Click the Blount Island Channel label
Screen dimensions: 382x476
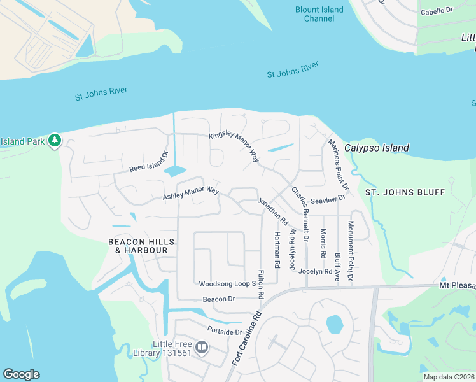(319, 14)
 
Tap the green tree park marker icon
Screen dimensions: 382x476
(55, 140)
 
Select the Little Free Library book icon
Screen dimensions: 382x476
(202, 347)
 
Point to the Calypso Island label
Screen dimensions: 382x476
(377, 148)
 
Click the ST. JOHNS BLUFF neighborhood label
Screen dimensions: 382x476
(398, 192)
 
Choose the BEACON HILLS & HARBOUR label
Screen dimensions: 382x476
(137, 246)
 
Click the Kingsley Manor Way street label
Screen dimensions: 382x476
(235, 146)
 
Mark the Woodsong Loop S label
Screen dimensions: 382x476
(227, 284)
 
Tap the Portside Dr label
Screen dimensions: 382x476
(225, 331)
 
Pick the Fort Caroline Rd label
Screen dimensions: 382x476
(247, 337)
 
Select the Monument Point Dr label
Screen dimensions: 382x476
(351, 251)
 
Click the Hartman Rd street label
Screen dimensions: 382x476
(277, 250)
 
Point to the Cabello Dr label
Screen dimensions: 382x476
(437, 11)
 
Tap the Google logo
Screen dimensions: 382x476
(21, 374)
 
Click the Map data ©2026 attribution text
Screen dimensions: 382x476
(449, 377)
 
